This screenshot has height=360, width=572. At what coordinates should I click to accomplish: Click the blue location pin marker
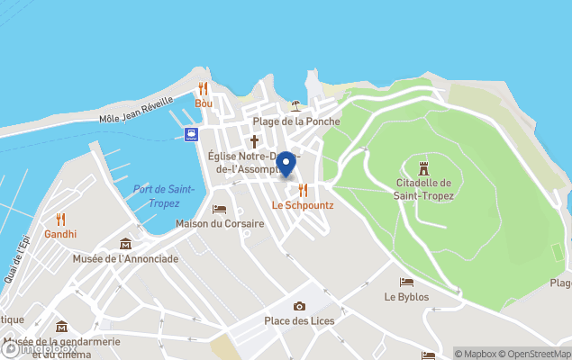[286, 164]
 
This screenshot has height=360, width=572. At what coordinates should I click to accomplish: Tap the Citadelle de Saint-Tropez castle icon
[423, 167]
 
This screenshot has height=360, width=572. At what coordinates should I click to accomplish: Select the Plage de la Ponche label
[296, 121]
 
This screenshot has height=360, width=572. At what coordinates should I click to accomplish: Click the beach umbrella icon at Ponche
[296, 106]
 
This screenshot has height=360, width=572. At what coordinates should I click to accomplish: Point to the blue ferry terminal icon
[192, 134]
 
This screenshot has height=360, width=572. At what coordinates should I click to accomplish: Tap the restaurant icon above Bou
[204, 88]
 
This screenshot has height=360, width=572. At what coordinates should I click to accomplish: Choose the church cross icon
[254, 140]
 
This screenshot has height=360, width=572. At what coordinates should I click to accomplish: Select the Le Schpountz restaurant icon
[304, 190]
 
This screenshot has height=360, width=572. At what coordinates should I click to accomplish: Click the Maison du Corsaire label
[220, 223]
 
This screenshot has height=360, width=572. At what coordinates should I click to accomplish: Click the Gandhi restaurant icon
[61, 219]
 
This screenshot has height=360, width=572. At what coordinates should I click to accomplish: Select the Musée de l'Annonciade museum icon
[125, 244]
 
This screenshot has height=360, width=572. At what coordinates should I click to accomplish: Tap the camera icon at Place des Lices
[299, 307]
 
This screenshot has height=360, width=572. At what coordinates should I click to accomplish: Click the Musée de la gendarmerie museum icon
[61, 327]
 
